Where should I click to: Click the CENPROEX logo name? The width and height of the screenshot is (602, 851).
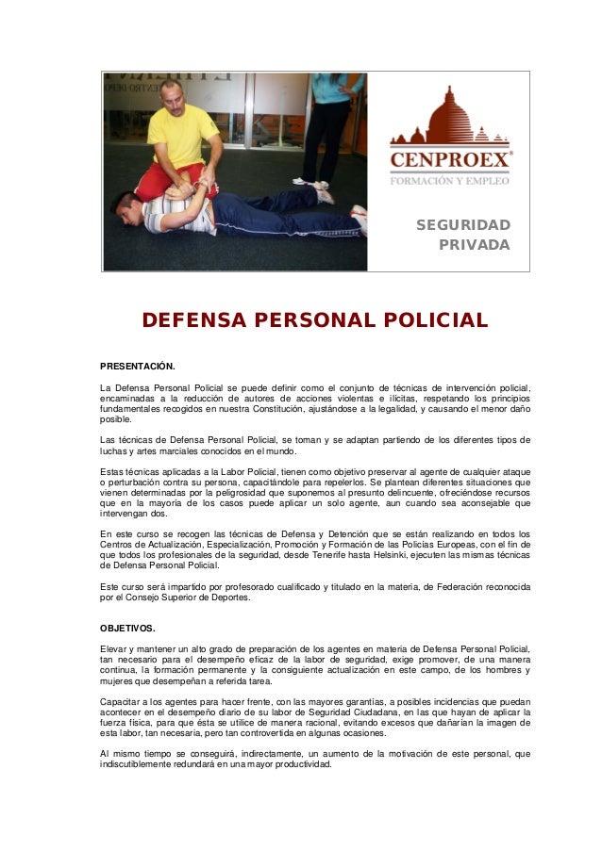450,159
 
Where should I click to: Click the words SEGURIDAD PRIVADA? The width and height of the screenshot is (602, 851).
463,235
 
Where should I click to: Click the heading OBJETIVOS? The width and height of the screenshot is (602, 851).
127,627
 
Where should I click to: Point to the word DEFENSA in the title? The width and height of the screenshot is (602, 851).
193,321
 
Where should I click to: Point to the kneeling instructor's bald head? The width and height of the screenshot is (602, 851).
173,91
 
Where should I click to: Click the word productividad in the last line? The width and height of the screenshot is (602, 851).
300,764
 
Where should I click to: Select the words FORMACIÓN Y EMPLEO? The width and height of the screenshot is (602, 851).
450,180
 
